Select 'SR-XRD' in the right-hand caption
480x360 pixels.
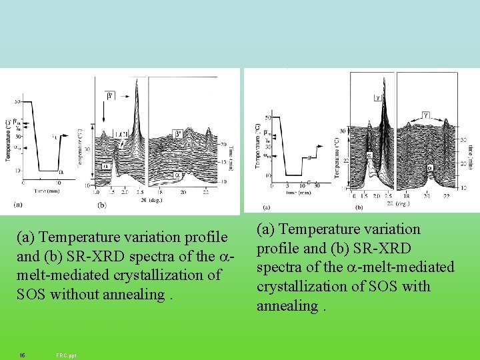[377, 248]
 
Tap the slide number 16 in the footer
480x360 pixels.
[22, 355]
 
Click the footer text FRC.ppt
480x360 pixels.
[67, 355]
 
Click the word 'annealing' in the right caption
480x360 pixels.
[287, 306]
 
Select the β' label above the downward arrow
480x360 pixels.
[108, 96]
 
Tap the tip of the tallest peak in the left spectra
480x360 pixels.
[136, 81]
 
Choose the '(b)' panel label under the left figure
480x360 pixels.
[102, 205]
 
